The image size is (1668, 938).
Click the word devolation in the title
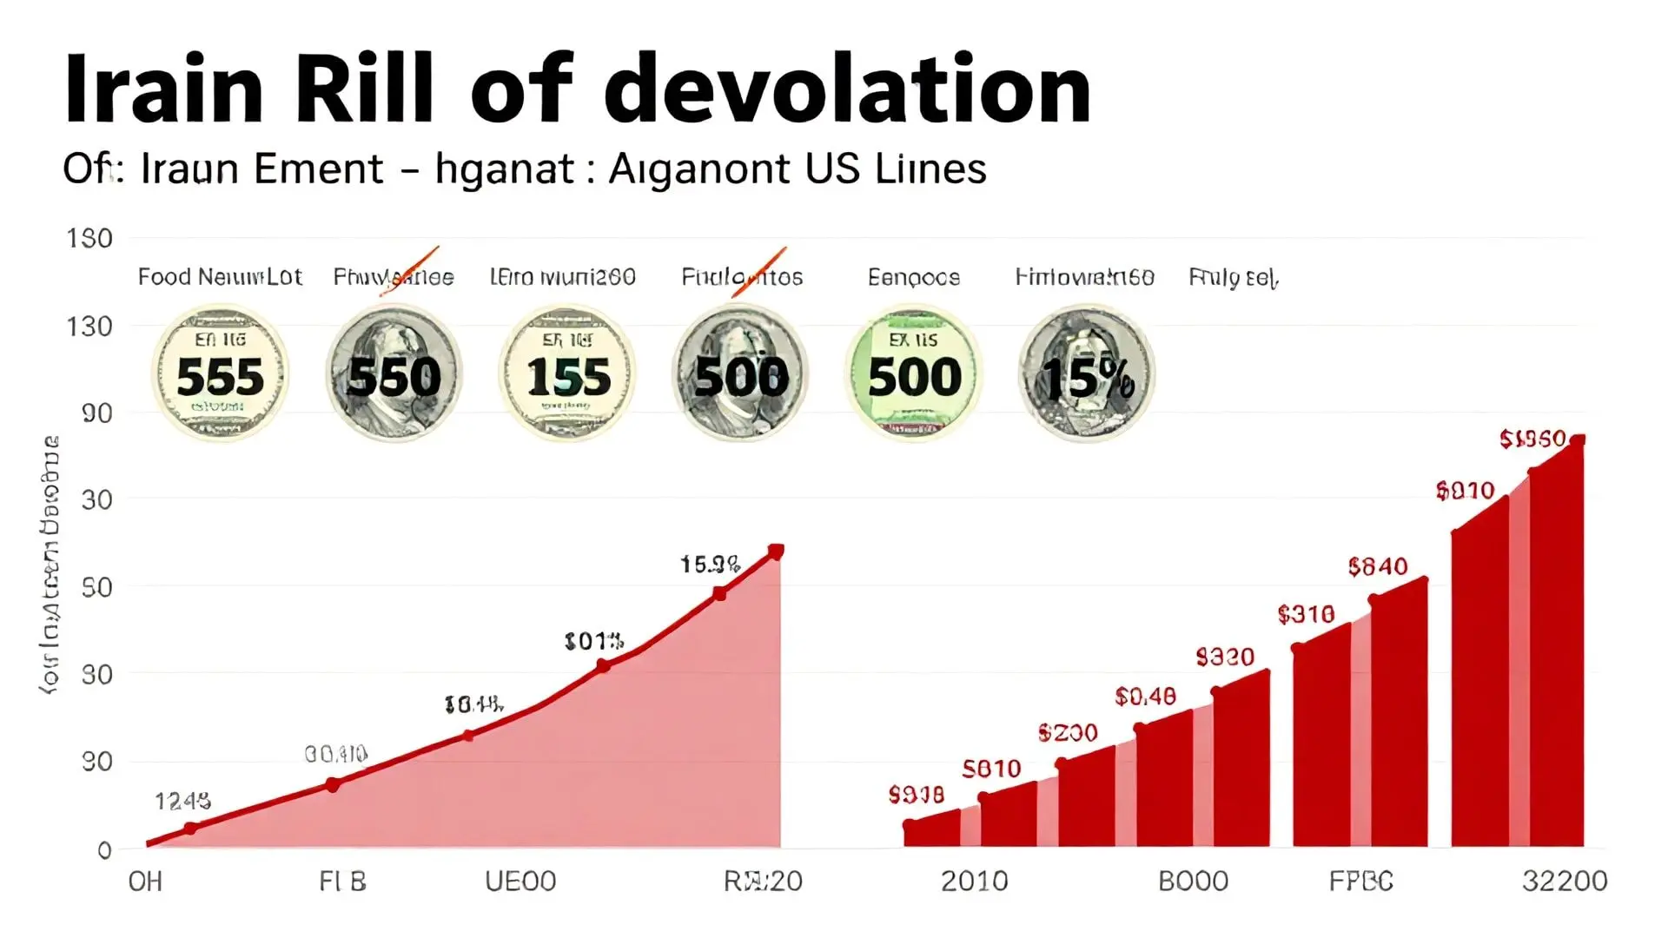pos(847,89)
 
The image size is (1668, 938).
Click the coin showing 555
pos(220,374)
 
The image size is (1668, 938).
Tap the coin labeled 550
pos(394,374)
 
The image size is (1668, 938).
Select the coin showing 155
pos(566,374)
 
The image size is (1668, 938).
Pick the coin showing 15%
pos(1086,374)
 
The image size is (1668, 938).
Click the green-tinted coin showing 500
pos(913,374)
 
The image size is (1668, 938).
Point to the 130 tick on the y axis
pos(89,327)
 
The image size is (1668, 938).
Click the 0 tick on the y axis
pos(104,850)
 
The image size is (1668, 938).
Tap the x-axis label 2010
pos(974,882)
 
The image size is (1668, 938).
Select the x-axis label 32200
pos(1564,882)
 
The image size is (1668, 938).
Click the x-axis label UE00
pos(520,882)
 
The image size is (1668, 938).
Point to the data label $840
pos(1377,567)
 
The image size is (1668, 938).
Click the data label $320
pos(1225,657)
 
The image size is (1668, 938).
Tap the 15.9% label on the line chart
pos(710,565)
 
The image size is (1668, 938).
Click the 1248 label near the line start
pos(182,801)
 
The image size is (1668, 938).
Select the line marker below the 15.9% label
pos(719,594)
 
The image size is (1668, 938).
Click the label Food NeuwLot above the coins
pos(220,277)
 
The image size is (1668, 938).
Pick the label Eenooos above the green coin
pos(913,278)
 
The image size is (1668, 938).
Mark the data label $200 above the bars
pos(1068,733)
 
